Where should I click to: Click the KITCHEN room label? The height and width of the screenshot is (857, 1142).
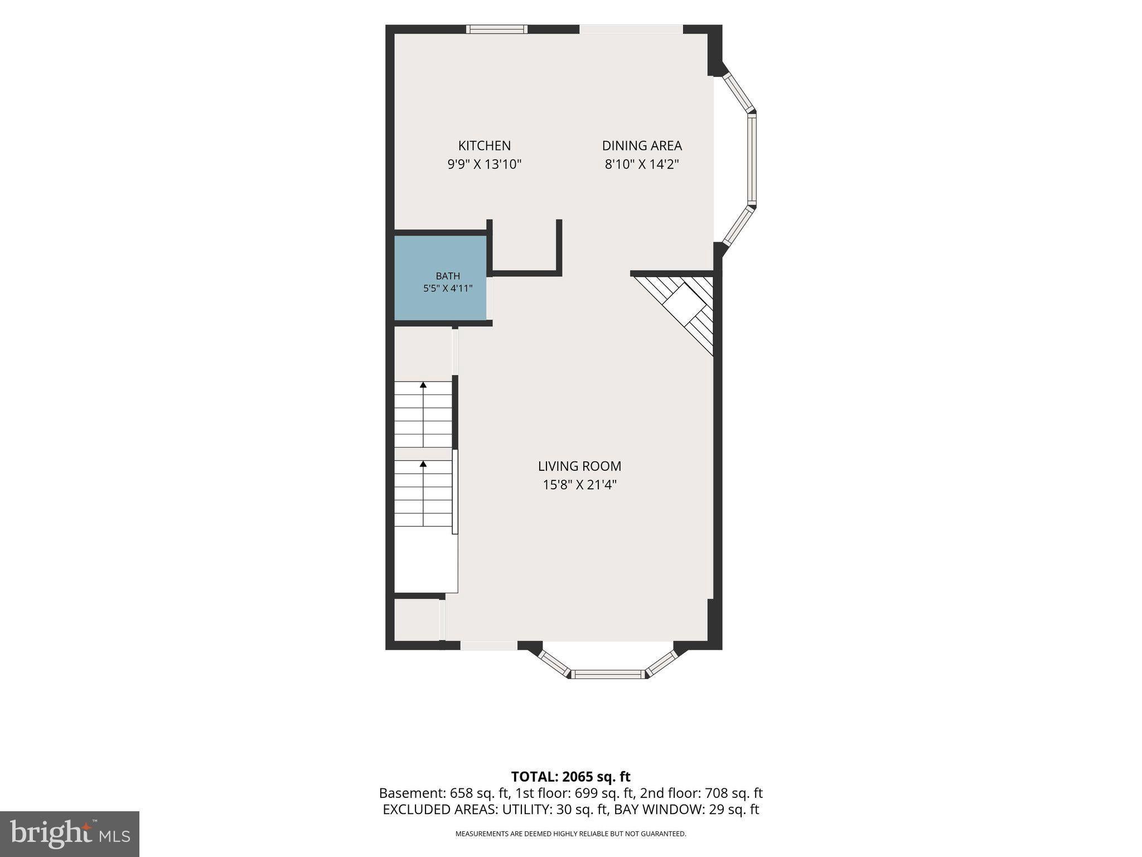click(484, 146)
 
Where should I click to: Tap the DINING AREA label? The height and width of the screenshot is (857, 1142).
click(642, 146)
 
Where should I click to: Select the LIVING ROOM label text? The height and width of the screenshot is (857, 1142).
click(579, 466)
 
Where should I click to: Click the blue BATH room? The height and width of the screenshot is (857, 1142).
click(441, 278)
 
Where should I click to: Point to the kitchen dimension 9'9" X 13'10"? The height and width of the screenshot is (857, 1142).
click(484, 164)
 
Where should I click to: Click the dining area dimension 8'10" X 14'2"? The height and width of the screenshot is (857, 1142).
click(642, 164)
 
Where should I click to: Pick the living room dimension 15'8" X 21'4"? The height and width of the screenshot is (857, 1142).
click(579, 484)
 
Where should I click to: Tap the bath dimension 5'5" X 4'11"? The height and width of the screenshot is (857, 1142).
click(448, 288)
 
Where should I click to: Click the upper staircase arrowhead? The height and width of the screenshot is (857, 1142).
click(423, 384)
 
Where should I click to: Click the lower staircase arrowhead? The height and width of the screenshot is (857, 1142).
click(423, 464)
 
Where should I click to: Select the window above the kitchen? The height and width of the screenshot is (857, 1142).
click(497, 29)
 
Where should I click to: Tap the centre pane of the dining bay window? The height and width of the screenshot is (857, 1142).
click(752, 159)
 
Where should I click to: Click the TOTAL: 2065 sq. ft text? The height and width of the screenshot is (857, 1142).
click(570, 777)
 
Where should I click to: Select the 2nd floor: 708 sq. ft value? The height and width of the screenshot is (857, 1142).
click(701, 793)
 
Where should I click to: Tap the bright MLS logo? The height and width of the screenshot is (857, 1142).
click(70, 834)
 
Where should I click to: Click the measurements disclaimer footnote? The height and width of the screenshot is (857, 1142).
click(570, 834)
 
